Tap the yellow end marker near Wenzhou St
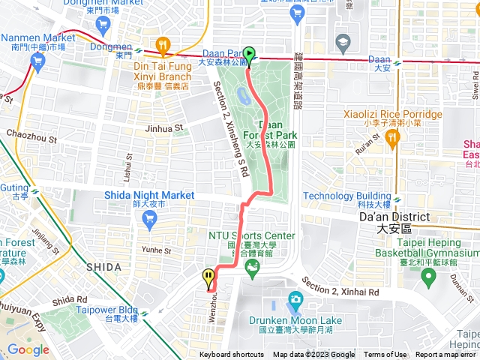tap(208, 278)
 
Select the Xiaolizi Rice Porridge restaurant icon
tap(390, 136)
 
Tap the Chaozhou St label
tap(31, 139)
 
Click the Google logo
tap(28, 349)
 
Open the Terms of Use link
tap(385, 355)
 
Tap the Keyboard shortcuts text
tap(231, 355)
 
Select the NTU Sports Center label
tap(251, 236)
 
